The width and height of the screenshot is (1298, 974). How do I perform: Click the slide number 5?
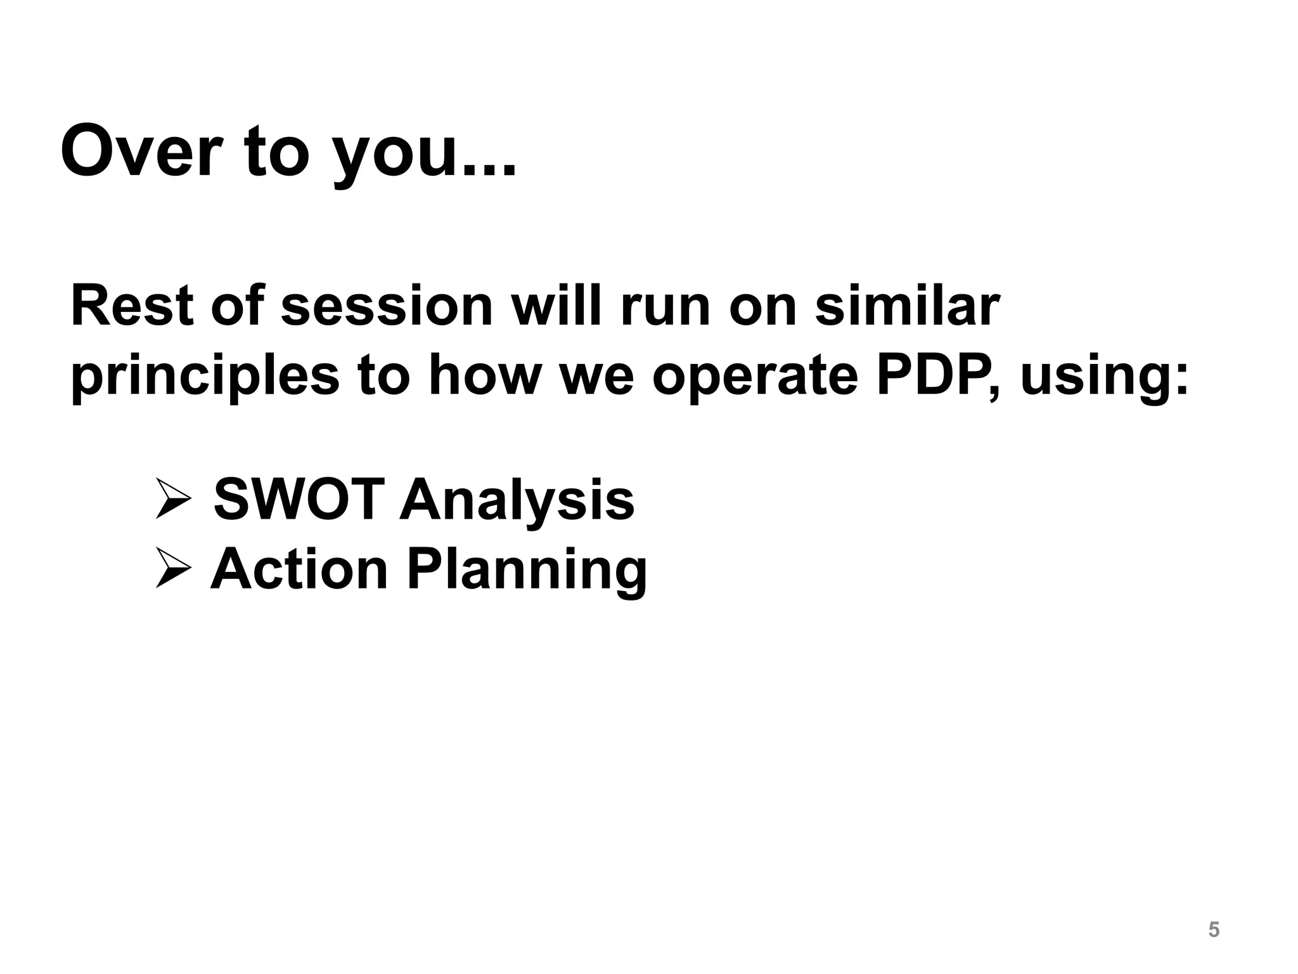tap(1214, 930)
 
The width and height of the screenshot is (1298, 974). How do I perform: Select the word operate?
tap(755, 378)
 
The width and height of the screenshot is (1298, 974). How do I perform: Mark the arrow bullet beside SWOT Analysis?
tap(173, 500)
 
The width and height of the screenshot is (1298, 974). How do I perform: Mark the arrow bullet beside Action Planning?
tap(173, 569)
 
